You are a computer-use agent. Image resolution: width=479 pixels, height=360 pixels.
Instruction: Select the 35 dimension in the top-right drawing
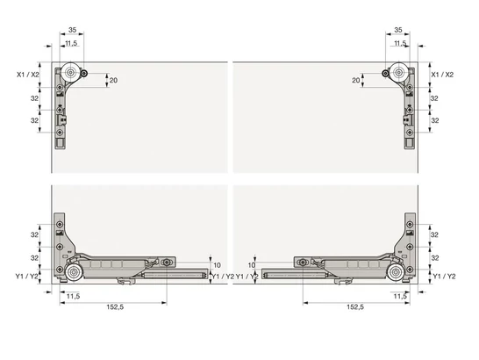(400, 30)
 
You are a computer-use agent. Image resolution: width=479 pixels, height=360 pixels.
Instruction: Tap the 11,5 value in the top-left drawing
(69, 43)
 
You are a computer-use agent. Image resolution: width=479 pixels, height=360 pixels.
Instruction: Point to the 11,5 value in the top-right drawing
(400, 43)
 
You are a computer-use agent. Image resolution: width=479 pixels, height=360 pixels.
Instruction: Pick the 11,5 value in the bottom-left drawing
(72, 296)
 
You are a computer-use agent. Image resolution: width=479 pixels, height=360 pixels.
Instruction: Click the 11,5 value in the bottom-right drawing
(399, 296)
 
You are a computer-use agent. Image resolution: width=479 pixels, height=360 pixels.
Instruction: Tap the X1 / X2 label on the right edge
(442, 76)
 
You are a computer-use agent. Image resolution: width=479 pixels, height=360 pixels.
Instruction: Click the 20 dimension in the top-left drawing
(113, 80)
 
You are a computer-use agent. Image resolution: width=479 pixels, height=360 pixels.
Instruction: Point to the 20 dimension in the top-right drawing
(357, 80)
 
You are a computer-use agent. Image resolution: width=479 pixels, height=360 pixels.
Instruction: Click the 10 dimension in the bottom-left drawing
(217, 263)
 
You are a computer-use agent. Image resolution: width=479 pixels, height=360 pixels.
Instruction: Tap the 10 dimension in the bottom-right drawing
(252, 263)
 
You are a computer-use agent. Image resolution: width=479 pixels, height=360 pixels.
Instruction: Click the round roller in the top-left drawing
(69, 74)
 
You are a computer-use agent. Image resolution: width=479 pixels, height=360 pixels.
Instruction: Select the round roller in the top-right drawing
(400, 74)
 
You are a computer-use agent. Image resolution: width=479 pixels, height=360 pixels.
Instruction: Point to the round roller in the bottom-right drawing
(400, 275)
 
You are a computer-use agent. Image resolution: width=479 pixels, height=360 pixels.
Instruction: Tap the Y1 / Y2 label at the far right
(444, 276)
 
